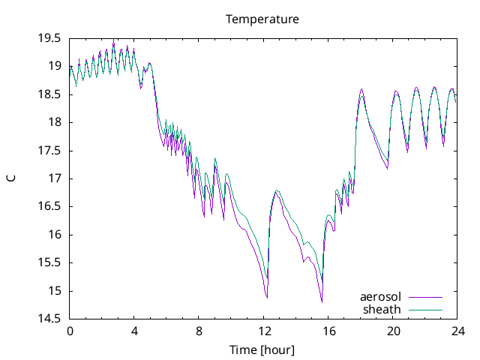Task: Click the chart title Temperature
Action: click(x=262, y=19)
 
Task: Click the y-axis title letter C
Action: click(x=11, y=178)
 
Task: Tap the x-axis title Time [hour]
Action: click(x=262, y=349)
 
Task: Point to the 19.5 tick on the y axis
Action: click(x=50, y=38)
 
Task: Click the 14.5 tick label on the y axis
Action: click(x=50, y=319)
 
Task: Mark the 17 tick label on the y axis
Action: click(x=55, y=178)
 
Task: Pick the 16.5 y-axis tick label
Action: click(x=50, y=207)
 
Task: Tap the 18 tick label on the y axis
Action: click(x=55, y=122)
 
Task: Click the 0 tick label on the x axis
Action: click(x=70, y=331)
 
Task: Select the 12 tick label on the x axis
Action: click(x=264, y=331)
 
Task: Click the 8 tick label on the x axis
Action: click(x=199, y=331)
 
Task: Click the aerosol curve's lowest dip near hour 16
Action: click(x=322, y=301)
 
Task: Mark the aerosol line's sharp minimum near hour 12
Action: click(x=267, y=298)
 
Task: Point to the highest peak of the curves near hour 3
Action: click(x=114, y=42)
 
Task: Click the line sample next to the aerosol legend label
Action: click(x=424, y=297)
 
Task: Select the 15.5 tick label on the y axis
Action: click(x=50, y=263)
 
